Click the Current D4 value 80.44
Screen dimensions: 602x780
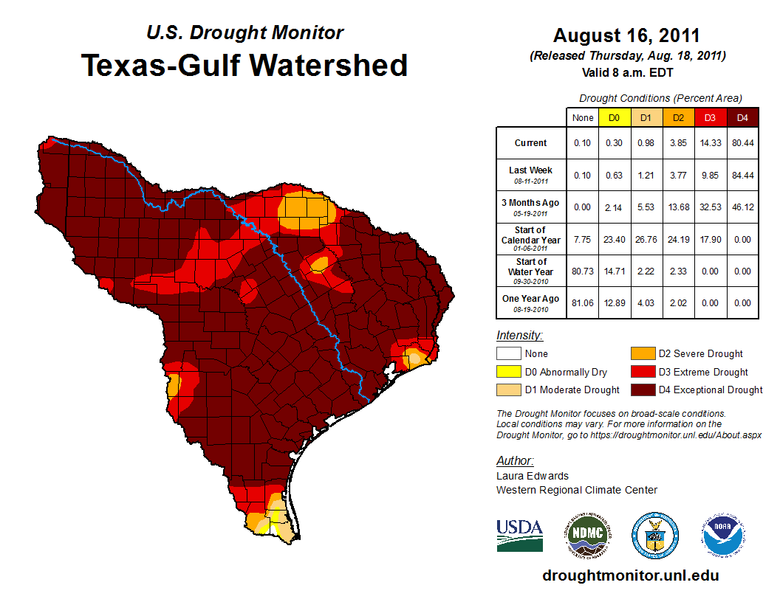pyautogui.click(x=742, y=143)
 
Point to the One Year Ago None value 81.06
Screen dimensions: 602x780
pyautogui.click(x=583, y=302)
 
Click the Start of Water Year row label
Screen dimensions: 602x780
pyautogui.click(x=530, y=271)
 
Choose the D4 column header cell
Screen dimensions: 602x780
pyautogui.click(x=742, y=117)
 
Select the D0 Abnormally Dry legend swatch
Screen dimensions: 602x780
pyautogui.click(x=510, y=372)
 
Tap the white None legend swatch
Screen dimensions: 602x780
pyautogui.click(x=510, y=354)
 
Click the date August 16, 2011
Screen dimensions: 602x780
pyautogui.click(x=626, y=35)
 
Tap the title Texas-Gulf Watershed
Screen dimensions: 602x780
pyautogui.click(x=244, y=65)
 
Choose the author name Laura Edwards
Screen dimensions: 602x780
pyautogui.click(x=533, y=476)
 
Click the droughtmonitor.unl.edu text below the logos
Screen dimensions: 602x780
pyautogui.click(x=630, y=575)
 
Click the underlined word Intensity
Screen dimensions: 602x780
pyautogui.click(x=519, y=336)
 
